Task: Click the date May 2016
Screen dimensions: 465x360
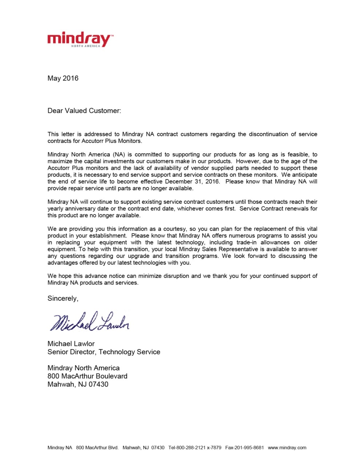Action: tap(63, 78)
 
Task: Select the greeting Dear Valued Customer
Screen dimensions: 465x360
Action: tap(84, 111)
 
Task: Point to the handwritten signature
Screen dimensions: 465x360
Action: tap(89, 322)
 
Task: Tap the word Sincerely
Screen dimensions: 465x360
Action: tap(63, 299)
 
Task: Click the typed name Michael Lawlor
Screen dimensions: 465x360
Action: tap(71, 344)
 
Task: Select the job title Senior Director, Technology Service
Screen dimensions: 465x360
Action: tap(104, 352)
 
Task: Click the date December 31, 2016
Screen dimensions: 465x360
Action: tap(192, 182)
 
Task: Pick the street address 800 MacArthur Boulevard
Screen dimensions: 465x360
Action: tap(87, 376)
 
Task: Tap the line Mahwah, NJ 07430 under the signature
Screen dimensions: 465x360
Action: tap(78, 384)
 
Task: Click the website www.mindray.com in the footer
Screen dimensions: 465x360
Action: tap(287, 448)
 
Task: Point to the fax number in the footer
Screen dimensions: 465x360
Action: tap(244, 448)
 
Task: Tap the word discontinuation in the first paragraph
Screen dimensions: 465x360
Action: tap(268, 134)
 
